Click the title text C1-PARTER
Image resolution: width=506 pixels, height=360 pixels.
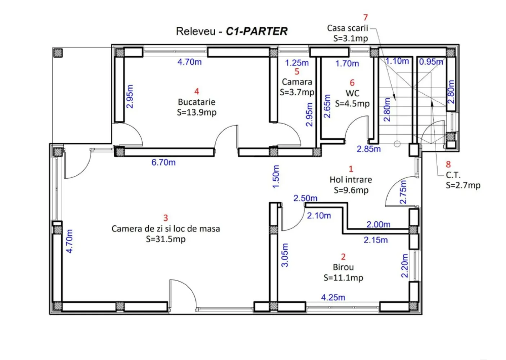coord(256,31)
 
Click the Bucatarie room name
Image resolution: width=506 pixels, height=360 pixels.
coord(196,102)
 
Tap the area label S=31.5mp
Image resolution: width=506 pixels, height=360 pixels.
coord(166,239)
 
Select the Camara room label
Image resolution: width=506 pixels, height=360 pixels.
coord(297,82)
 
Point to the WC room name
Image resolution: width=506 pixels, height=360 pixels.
coord(352,93)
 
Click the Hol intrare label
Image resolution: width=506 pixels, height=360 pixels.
coord(351,180)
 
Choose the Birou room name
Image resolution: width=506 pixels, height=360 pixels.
coord(343,267)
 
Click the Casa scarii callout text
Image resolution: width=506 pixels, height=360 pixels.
coord(347,28)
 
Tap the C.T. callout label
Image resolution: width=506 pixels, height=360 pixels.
coord(453,175)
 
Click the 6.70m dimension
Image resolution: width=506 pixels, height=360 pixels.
coord(163,162)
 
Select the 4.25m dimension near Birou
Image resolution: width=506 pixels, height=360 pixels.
coord(333,297)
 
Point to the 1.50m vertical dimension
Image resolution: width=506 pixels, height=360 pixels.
coord(276,176)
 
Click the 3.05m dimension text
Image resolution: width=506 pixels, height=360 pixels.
coord(285,255)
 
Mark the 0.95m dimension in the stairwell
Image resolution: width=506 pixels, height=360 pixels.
coord(431,62)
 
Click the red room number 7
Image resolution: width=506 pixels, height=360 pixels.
coord(366,17)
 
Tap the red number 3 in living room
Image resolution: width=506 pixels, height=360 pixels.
coord(166,218)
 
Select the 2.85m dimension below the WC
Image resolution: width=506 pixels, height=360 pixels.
coord(369,149)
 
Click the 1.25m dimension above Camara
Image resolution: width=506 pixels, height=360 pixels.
coord(297,63)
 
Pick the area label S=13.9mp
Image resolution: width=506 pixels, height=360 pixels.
coord(196,112)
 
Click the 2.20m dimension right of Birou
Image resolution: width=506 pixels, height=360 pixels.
coord(405,266)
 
